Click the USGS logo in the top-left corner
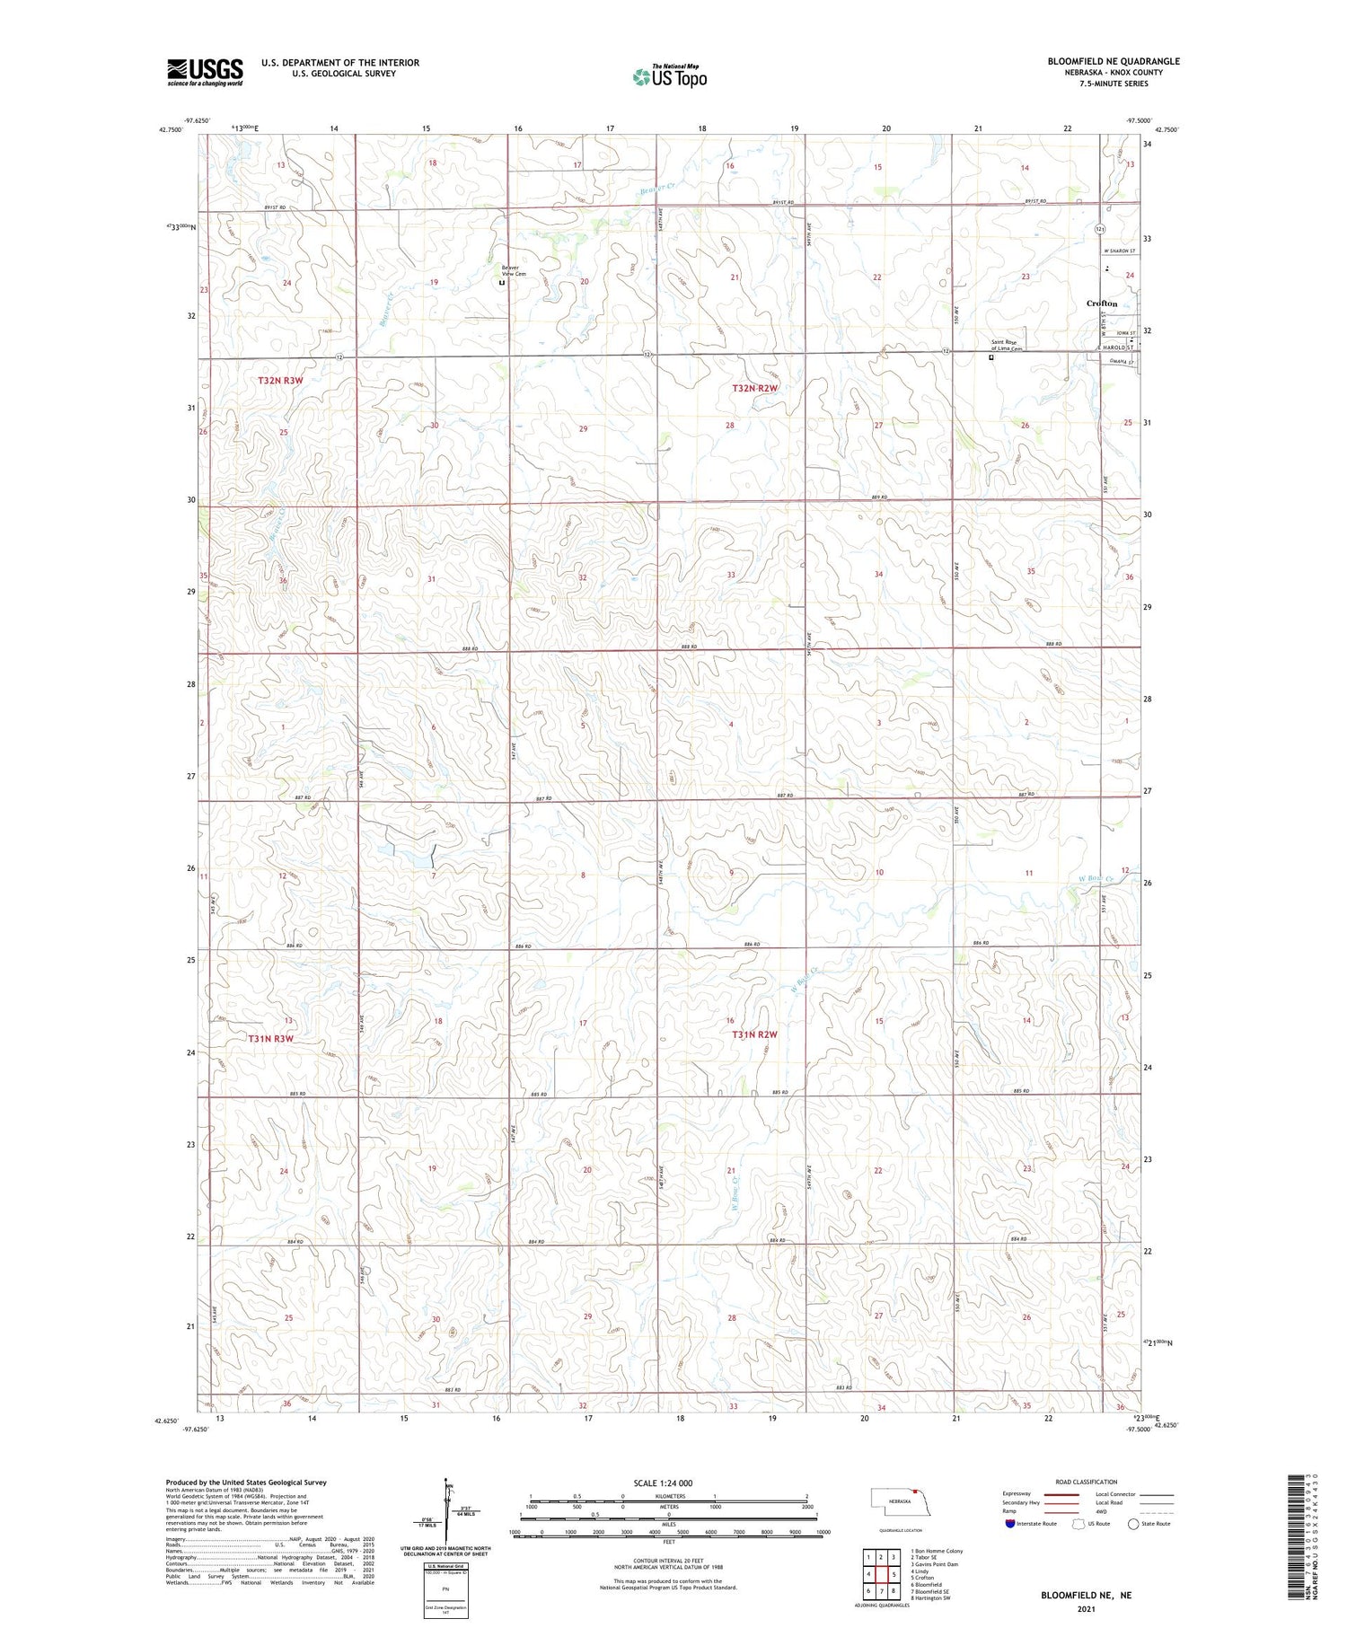point(205,72)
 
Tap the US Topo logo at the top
point(670,77)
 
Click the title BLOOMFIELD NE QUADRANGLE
point(1113,61)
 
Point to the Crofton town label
point(1102,304)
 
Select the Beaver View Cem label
point(510,270)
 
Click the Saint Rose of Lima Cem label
point(1007,345)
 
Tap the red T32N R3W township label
point(281,381)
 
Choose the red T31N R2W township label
point(753,1034)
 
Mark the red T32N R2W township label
point(753,388)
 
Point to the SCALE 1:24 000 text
point(663,1483)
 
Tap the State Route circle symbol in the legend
point(1133,1524)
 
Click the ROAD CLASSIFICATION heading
point(1086,1482)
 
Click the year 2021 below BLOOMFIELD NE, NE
point(1086,1607)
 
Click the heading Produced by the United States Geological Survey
point(246,1483)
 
